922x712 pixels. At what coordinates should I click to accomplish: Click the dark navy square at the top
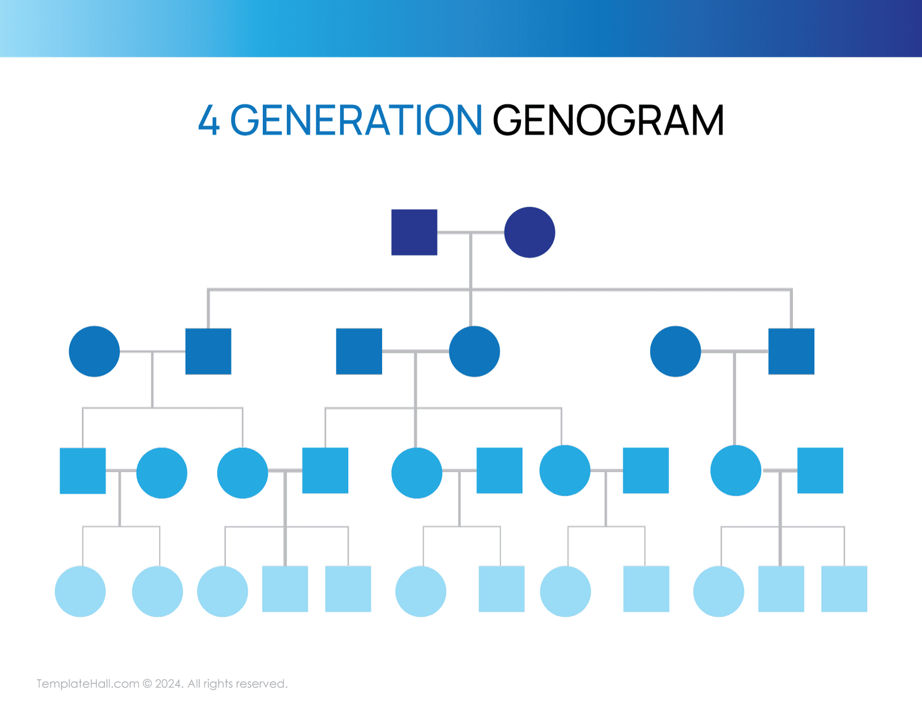point(414,232)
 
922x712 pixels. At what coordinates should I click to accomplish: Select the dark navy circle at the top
point(529,232)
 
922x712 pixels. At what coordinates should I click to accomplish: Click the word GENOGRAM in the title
point(608,120)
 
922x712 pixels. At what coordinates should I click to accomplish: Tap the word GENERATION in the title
point(356,120)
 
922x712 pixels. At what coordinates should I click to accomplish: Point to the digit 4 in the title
point(209,120)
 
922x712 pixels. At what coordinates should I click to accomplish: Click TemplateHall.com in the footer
point(88,684)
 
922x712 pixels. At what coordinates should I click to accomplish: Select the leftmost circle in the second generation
point(94,351)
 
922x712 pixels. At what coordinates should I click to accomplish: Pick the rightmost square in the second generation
point(791,351)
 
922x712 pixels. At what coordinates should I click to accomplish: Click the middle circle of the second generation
point(474,351)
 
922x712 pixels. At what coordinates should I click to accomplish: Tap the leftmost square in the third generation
point(82,471)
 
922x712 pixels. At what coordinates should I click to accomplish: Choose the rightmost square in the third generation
point(819,471)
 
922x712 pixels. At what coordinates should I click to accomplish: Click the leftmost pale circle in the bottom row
point(80,591)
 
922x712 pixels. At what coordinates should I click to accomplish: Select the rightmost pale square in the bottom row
point(844,589)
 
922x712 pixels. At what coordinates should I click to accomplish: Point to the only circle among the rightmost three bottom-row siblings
point(718,591)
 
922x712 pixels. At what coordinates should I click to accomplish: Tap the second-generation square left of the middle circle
point(358,351)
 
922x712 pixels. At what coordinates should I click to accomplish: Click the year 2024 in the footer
point(168,684)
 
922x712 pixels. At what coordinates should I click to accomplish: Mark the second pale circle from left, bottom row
point(157,591)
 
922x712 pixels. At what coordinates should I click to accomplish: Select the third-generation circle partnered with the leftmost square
point(161,473)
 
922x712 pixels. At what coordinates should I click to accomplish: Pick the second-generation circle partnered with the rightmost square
point(675,351)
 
